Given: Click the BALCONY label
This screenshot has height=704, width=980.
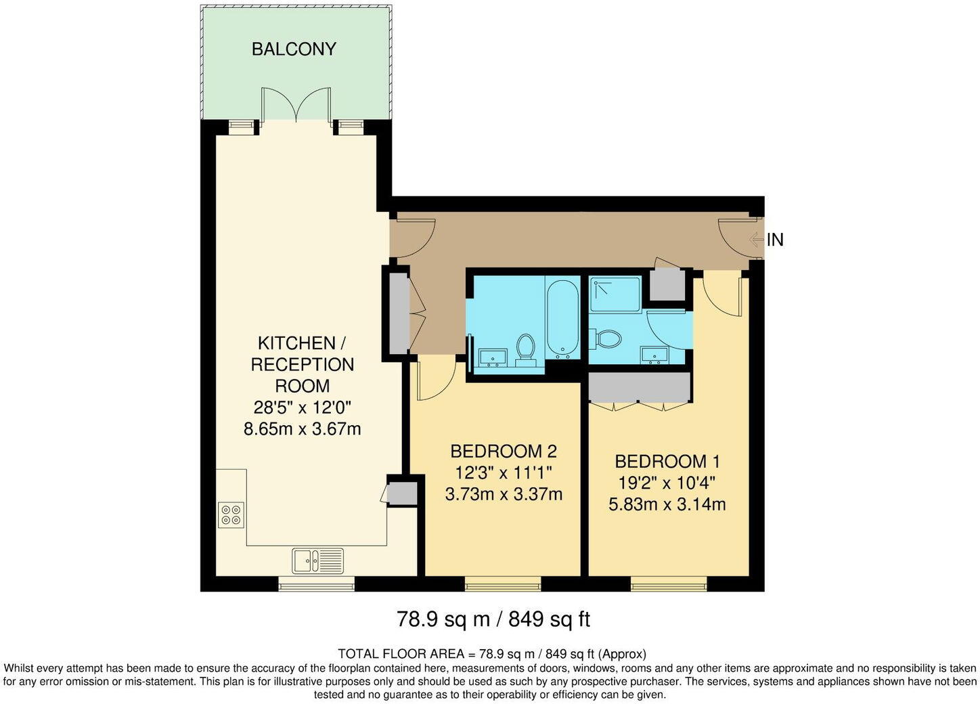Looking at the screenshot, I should click(294, 49).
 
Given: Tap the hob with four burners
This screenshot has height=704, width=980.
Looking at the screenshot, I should click(231, 515).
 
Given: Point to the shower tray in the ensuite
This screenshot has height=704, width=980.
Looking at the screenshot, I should click(615, 294).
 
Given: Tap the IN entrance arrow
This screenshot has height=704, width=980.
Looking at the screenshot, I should click(757, 239).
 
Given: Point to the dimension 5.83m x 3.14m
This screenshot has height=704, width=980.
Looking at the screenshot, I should click(667, 504).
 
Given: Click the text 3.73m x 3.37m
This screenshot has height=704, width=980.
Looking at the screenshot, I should click(504, 494).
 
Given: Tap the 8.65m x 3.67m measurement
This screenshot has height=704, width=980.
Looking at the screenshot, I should click(302, 428).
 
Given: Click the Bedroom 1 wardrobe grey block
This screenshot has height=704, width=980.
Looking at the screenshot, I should click(638, 387).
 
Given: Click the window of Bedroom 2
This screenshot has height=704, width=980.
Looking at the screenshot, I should click(502, 583).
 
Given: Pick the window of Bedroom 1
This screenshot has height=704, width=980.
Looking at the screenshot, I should click(669, 583).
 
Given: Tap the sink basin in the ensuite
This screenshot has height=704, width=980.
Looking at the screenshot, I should click(654, 354).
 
